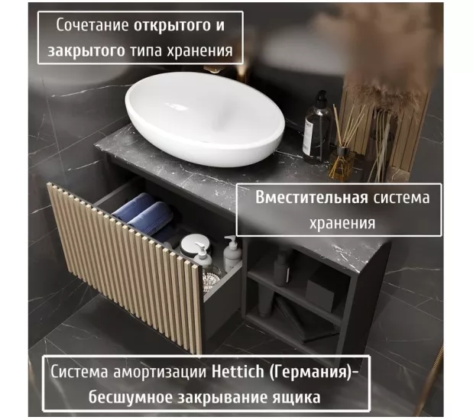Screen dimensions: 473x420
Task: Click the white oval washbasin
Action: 205,118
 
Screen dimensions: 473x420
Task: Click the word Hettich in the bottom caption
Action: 238,371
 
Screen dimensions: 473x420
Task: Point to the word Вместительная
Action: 312,198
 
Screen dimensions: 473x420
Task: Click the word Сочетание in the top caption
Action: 92,24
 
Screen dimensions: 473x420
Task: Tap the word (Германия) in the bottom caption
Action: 309,372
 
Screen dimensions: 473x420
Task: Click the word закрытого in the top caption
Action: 86,50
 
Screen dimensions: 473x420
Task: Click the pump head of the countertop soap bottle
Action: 320,97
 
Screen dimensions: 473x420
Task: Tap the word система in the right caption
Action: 401,198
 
